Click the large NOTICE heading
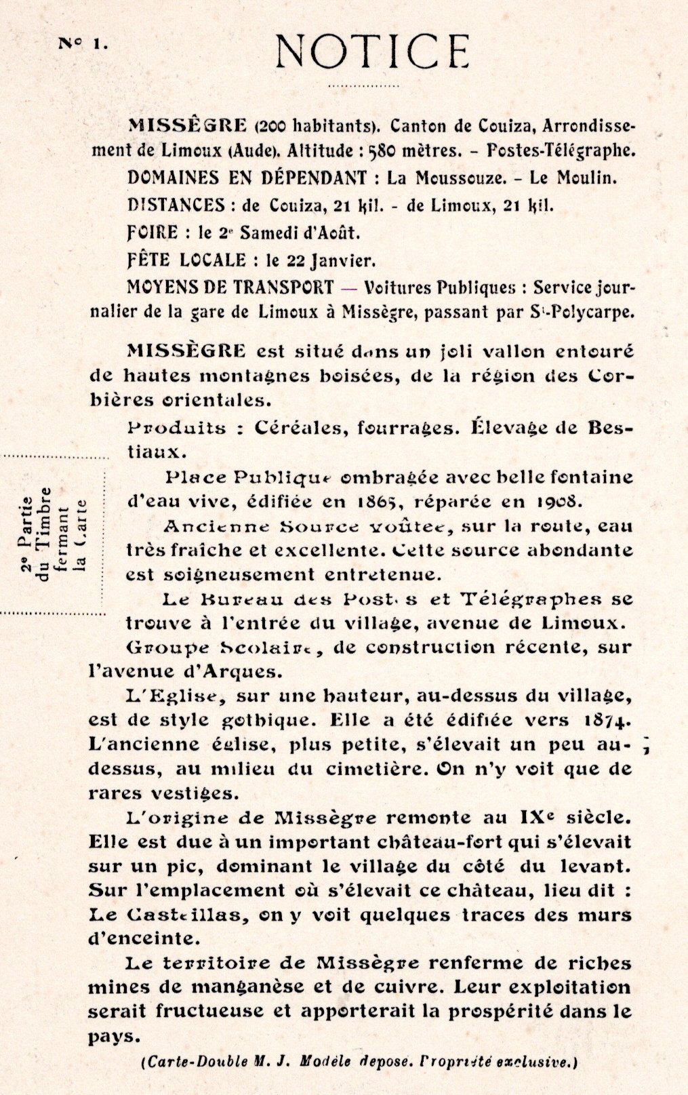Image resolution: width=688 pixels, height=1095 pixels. pyautogui.click(x=372, y=51)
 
